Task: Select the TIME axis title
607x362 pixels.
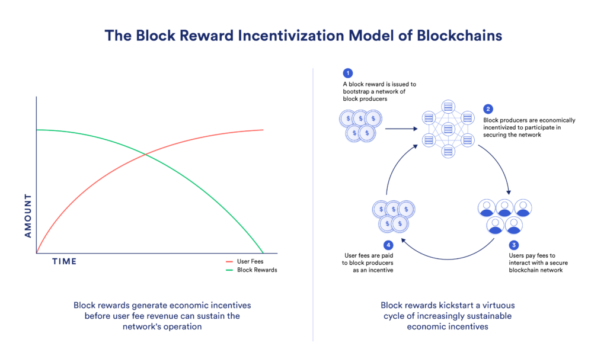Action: pyautogui.click(x=64, y=261)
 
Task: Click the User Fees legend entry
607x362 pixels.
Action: pyautogui.click(x=250, y=261)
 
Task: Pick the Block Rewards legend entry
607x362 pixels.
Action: pyautogui.click(x=257, y=270)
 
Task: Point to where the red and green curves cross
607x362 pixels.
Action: pyautogui.click(x=145, y=155)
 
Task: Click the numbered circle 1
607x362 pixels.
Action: pyautogui.click(x=348, y=73)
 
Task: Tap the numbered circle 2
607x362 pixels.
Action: pyautogui.click(x=488, y=109)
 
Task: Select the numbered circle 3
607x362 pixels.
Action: pyautogui.click(x=514, y=245)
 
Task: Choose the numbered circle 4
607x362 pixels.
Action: pyautogui.click(x=388, y=245)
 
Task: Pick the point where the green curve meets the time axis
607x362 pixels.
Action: pyautogui.click(x=262, y=253)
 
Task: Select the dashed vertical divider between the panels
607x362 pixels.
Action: pyautogui.click(x=313, y=201)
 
